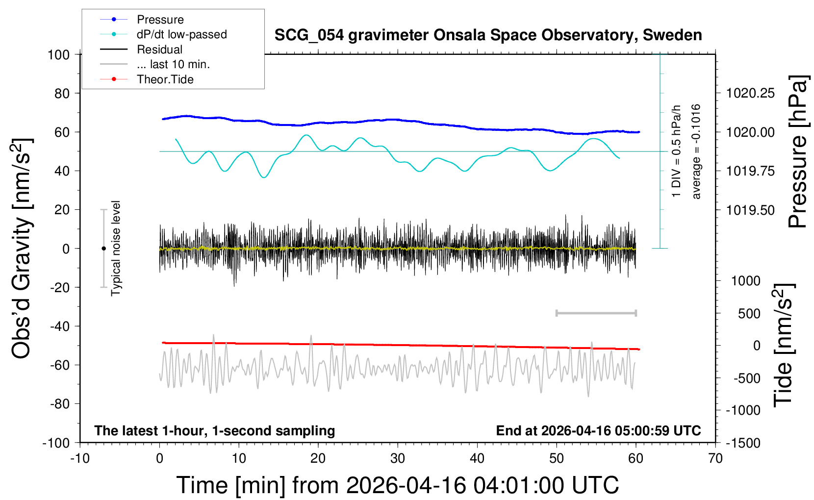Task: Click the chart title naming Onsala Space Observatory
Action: click(488, 35)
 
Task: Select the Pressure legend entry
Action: click(160, 20)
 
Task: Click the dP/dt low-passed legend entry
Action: click(181, 34)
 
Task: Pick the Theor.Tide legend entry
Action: click(165, 79)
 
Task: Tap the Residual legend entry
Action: click(159, 50)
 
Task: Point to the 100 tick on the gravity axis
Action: click(59, 54)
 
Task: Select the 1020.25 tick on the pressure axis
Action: click(750, 93)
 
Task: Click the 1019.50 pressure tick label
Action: click(750, 210)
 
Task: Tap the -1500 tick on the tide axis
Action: click(743, 443)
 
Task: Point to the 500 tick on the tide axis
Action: click(749, 314)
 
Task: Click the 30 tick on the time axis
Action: click(398, 459)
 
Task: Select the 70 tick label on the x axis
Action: click(715, 459)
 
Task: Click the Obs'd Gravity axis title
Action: click(22, 248)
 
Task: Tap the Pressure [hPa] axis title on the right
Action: click(797, 151)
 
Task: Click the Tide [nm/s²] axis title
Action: click(783, 345)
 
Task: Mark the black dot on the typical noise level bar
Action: click(103, 249)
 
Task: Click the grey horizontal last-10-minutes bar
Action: click(596, 313)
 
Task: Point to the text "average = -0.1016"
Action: click(696, 151)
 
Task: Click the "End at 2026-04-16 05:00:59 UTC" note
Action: click(598, 431)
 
